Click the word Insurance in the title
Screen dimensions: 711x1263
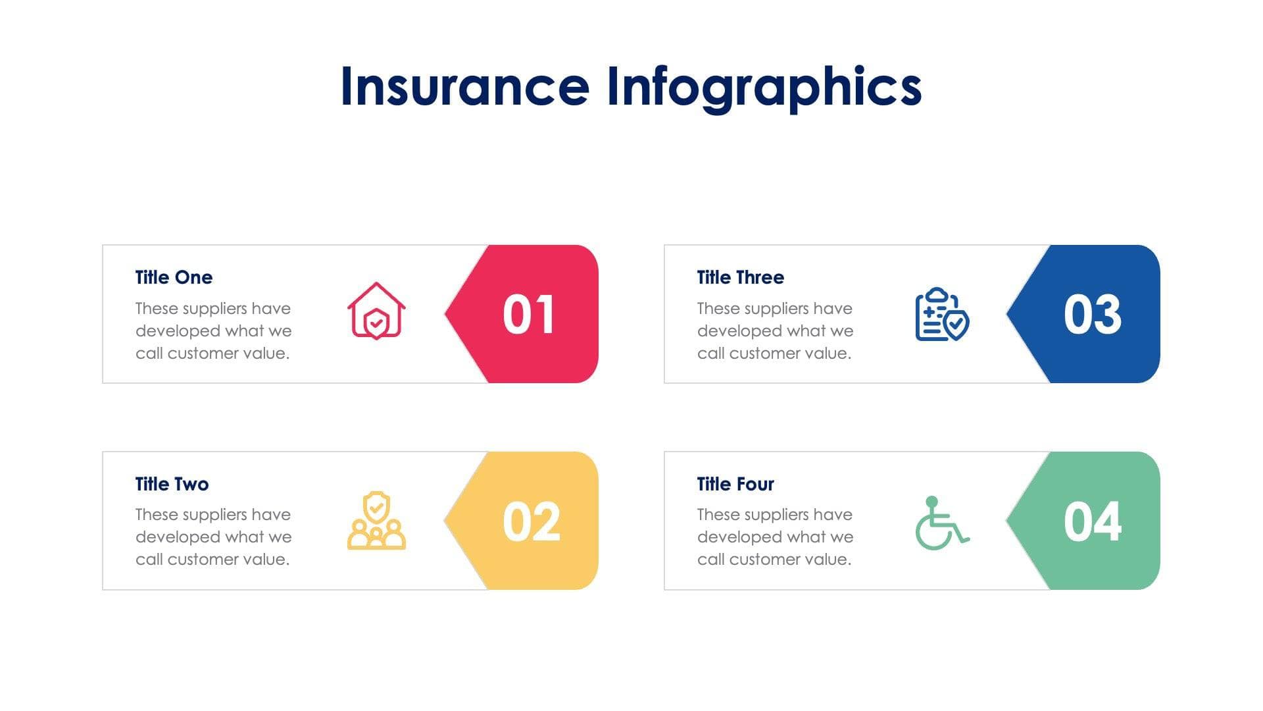point(464,87)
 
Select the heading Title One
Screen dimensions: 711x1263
point(174,277)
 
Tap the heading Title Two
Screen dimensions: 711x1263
point(172,484)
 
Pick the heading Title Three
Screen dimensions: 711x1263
point(740,277)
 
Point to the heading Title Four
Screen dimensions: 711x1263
point(735,484)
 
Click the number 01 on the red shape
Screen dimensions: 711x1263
point(528,315)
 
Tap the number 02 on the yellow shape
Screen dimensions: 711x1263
point(531,521)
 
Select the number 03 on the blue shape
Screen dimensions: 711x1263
point(1092,315)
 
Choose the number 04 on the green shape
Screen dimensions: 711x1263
point(1092,521)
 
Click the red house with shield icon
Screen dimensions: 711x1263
point(376,311)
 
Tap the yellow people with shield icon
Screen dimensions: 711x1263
point(376,520)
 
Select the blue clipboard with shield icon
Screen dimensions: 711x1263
point(942,314)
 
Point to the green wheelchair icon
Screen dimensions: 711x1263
point(942,523)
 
